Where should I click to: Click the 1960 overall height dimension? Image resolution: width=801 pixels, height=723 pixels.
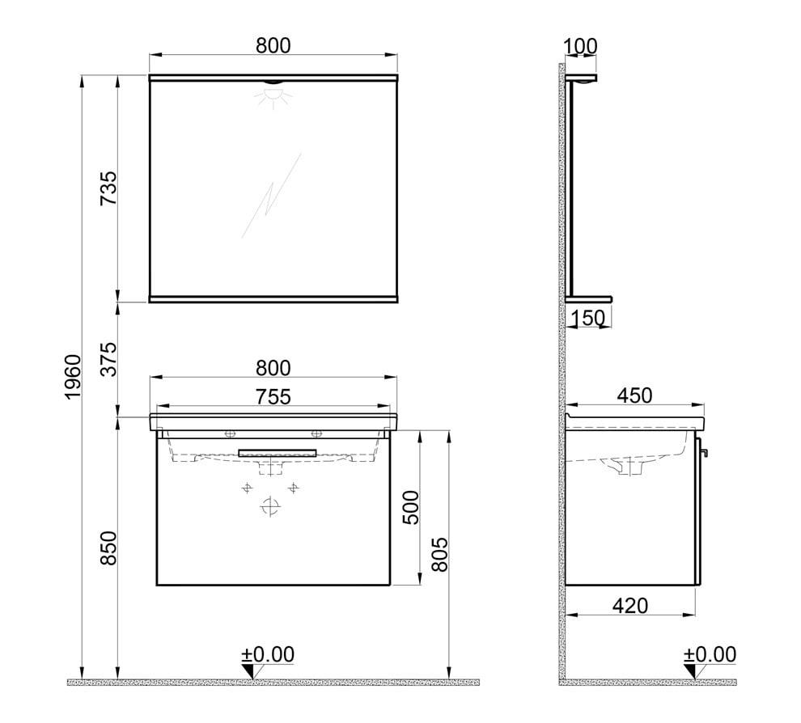pyautogui.click(x=72, y=378)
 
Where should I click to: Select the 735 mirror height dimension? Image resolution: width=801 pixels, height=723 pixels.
pyautogui.click(x=108, y=188)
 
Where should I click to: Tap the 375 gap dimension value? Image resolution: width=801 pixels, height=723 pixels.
pyautogui.click(x=108, y=359)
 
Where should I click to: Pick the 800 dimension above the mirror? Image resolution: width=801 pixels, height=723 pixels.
pyautogui.click(x=273, y=45)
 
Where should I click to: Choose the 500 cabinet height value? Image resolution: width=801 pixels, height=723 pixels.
pyautogui.click(x=412, y=507)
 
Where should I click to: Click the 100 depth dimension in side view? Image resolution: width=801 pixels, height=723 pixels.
pyautogui.click(x=581, y=45)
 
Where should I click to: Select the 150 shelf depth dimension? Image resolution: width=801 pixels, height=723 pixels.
pyautogui.click(x=588, y=318)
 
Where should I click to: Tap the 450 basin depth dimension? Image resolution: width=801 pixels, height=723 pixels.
pyautogui.click(x=634, y=395)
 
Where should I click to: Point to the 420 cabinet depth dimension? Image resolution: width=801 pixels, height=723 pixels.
pyautogui.click(x=631, y=605)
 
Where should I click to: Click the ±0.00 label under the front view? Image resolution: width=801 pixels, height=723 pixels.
pyautogui.click(x=268, y=653)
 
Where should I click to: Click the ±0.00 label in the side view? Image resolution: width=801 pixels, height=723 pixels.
pyautogui.click(x=710, y=653)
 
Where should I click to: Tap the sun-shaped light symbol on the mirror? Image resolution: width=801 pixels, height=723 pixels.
pyautogui.click(x=273, y=96)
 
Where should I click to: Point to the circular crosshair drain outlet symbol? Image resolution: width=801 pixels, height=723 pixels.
pyautogui.click(x=270, y=507)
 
